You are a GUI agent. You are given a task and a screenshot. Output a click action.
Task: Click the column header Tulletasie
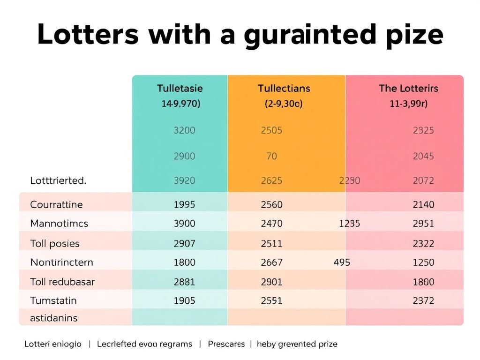pos(180,88)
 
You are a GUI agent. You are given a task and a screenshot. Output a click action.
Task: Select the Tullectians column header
pos(284,88)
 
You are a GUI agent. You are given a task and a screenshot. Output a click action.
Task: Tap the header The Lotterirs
pos(409,88)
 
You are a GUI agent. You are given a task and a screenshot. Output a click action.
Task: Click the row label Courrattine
pos(56,204)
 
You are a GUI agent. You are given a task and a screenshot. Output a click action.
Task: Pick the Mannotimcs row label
pos(59,224)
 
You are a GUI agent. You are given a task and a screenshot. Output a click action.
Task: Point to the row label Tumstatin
pos(53,300)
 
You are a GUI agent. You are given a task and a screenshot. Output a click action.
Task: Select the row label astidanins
pos(54,318)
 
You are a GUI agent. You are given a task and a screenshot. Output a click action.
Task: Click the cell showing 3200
pos(184,130)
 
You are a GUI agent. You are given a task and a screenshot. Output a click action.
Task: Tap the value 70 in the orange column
pos(271,156)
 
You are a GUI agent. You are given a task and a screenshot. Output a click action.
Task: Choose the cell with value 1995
pos(184,204)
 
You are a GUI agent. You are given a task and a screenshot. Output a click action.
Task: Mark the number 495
pos(342,262)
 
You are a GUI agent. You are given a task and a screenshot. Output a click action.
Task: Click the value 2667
pos(271,262)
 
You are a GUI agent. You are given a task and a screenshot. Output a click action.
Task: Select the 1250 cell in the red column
pos(423,262)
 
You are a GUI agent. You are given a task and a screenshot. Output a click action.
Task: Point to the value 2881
pos(184,282)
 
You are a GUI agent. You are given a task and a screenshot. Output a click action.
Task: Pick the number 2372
pos(423,301)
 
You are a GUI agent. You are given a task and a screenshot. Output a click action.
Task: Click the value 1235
pos(350,224)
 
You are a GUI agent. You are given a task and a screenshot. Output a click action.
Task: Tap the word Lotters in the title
pos(88,34)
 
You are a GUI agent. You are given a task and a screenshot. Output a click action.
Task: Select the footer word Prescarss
pos(226,344)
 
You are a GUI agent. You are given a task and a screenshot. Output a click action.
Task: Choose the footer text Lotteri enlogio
pos(53,344)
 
